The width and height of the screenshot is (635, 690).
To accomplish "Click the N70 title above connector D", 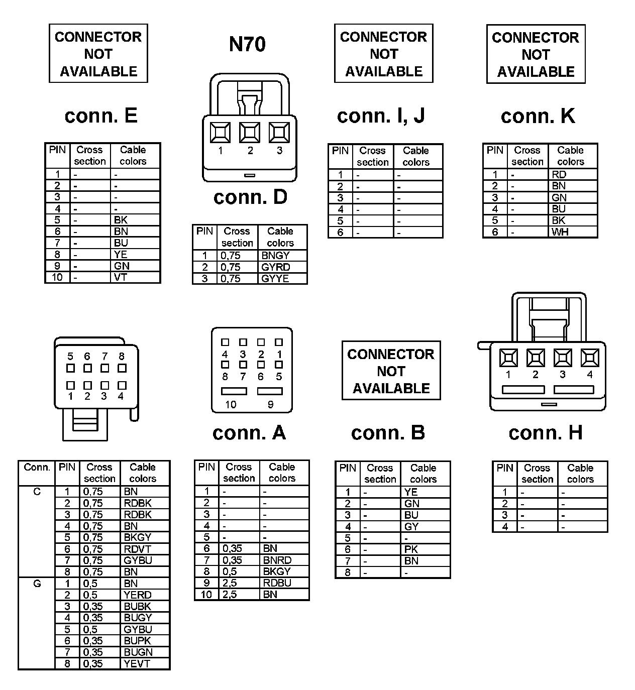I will tap(247, 44).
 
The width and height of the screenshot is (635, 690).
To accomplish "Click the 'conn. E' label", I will tap(101, 116).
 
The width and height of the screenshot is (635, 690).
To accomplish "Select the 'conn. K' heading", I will tap(538, 117).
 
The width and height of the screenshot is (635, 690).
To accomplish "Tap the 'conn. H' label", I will tap(545, 433).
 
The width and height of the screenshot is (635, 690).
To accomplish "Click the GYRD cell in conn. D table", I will tap(276, 267).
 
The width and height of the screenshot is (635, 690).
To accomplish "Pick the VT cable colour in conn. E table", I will tap(121, 277).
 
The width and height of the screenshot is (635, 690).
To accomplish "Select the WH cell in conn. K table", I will tap(560, 232).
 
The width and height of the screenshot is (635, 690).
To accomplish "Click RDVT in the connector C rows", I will tap(137, 549).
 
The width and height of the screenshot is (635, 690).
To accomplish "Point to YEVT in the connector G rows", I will tap(137, 664).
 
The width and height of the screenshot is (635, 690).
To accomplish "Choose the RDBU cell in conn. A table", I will tap(277, 583).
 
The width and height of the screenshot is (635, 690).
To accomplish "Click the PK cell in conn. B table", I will tap(411, 549).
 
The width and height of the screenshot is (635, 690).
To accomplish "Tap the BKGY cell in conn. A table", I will tap(277, 571).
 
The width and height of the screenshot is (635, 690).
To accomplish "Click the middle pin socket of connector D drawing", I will tap(250, 133).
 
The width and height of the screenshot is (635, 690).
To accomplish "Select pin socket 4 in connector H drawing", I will tap(589, 358).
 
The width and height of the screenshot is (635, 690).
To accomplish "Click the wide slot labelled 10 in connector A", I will tap(234, 391).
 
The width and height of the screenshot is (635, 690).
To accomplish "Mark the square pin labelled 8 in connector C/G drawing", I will tap(122, 368).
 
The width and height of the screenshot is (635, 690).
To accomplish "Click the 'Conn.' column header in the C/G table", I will tap(37, 468).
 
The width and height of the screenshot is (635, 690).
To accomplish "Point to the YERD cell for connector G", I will tap(137, 595).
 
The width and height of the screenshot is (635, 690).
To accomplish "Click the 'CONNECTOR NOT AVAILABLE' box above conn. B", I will tap(391, 371).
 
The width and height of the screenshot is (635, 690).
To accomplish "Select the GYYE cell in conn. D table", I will tap(275, 279).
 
